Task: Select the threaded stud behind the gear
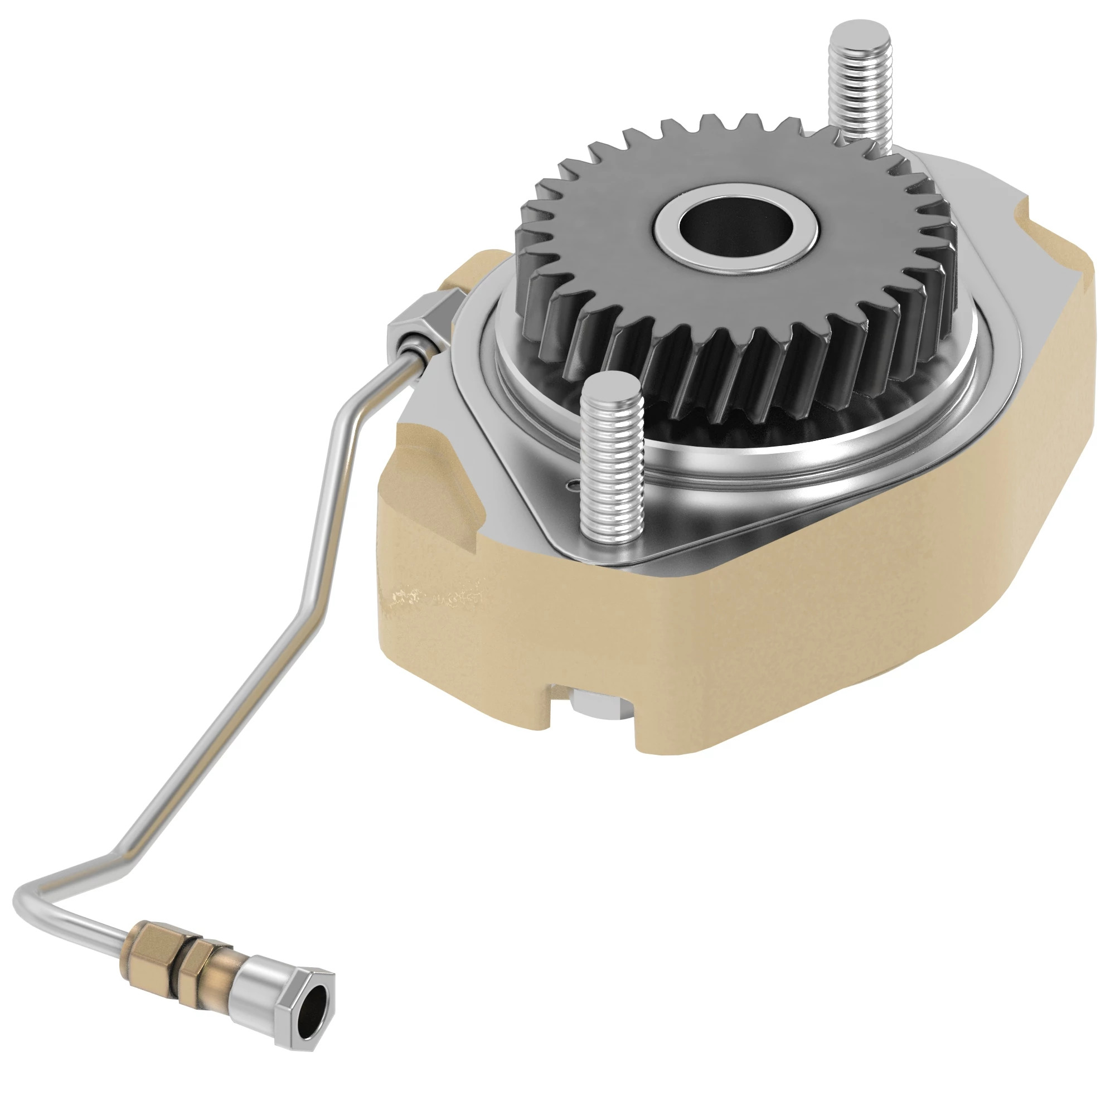(859, 98)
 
